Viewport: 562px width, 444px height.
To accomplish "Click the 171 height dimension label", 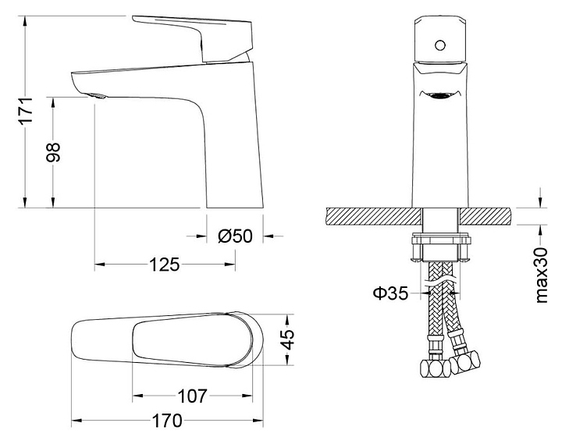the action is pos(26,110).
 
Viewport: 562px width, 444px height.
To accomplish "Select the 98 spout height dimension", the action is pos(53,153).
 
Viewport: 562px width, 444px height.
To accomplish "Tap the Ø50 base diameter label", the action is pos(235,236).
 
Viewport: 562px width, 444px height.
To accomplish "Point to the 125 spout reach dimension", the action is pos(164,265).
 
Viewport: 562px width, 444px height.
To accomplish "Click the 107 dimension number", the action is pos(193,396).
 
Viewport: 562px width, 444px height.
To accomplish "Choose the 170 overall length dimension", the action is pos(167,421).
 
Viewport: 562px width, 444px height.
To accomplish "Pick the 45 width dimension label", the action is pos(287,339).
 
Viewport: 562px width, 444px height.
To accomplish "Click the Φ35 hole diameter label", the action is pos(391,293).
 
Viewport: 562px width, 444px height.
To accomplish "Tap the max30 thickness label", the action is pos(541,275).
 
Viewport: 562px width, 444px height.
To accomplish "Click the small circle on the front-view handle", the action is pos(440,45).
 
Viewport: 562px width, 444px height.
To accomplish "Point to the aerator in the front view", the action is pos(439,95).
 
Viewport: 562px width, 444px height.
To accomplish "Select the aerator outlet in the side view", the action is pos(97,96).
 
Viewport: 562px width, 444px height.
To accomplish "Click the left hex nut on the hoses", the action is pos(435,368).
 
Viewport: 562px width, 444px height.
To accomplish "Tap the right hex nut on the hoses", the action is pos(465,362).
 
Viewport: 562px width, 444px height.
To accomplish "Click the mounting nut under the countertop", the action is pos(440,247).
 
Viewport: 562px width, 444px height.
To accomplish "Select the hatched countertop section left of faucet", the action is pos(374,217).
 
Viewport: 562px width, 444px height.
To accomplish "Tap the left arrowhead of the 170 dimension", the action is pos(76,421).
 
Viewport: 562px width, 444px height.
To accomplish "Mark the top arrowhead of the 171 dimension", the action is pos(25,21).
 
